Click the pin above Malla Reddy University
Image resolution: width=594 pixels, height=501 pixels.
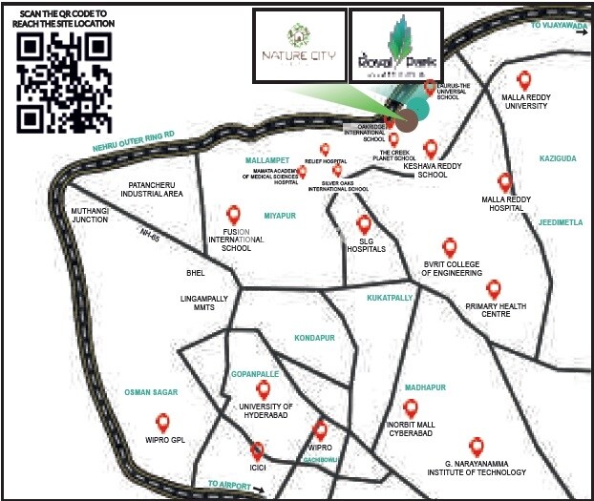click(523, 80)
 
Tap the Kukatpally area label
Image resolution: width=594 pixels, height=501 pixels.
click(390, 298)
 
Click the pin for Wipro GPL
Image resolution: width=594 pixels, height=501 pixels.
click(163, 421)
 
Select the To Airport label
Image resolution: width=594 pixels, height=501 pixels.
click(227, 485)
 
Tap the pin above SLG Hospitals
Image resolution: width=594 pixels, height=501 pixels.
click(364, 224)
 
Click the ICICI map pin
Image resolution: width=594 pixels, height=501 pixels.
click(257, 450)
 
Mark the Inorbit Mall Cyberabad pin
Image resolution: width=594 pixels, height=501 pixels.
click(411, 407)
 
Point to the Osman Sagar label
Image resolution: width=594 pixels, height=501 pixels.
click(152, 392)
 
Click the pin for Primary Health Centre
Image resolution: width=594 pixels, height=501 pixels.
click(494, 288)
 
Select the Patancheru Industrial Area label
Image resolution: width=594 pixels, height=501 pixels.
click(145, 189)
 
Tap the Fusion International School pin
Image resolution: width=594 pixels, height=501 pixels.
click(232, 216)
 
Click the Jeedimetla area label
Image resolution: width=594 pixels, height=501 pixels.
click(560, 222)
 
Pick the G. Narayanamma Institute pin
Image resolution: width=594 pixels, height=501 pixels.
click(477, 446)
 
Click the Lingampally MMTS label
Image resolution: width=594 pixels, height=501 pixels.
click(205, 303)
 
